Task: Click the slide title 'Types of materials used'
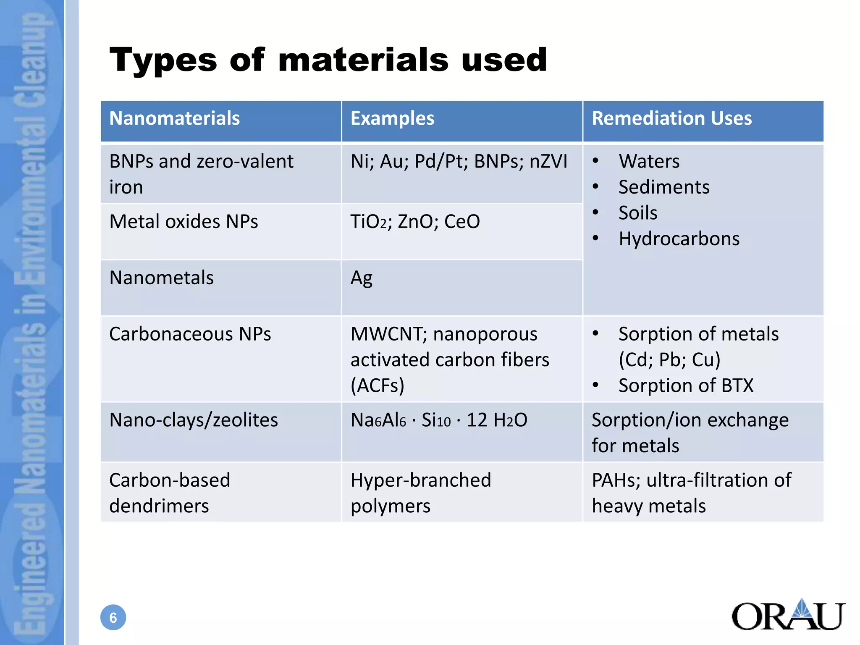click(328, 60)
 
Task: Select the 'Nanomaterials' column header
click(174, 118)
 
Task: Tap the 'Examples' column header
click(392, 118)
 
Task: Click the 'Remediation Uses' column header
click(671, 118)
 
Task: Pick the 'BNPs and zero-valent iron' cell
click(201, 174)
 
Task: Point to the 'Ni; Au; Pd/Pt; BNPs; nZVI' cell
click(459, 162)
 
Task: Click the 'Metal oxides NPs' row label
click(184, 222)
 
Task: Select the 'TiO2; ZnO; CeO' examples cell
click(415, 222)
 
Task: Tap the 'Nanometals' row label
click(161, 278)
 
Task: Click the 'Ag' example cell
click(362, 278)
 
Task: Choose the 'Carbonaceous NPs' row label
click(190, 334)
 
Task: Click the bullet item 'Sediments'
click(663, 187)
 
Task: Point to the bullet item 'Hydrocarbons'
click(679, 239)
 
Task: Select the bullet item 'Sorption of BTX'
click(686, 385)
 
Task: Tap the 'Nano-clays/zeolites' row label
click(194, 420)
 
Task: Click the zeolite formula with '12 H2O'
click(439, 420)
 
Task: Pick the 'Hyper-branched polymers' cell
click(421, 493)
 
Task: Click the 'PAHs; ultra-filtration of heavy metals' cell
click(691, 493)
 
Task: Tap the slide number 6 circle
click(113, 617)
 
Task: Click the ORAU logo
click(788, 615)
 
